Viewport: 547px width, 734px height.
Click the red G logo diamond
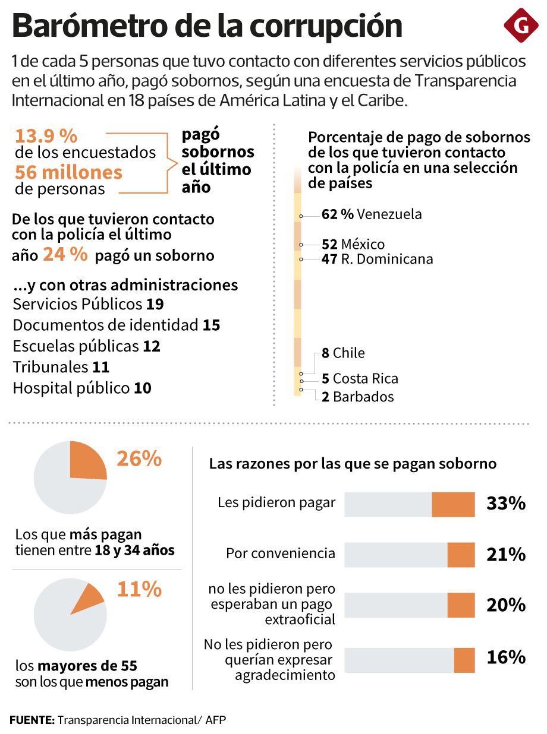tap(520, 26)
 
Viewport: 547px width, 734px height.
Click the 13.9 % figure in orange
tap(46, 136)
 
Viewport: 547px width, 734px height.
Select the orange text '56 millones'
tap(68, 173)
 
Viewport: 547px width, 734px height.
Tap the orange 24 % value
tap(65, 255)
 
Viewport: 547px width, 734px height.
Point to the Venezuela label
tap(372, 214)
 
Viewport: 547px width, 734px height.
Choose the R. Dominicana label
tap(378, 259)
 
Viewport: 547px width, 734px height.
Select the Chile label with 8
tap(343, 353)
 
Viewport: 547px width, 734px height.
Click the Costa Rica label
tap(360, 379)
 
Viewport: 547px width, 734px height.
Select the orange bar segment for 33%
tap(453, 504)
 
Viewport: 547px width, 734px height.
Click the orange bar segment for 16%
tap(464, 660)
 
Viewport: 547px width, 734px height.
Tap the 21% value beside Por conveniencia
tap(506, 555)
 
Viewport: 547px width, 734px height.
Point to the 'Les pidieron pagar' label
tap(276, 502)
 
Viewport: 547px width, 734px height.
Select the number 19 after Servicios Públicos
tap(155, 304)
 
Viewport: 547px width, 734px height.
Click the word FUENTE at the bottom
tap(31, 720)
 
